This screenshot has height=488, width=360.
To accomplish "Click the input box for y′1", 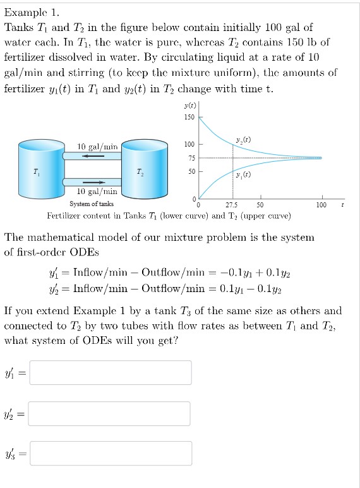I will (111, 372).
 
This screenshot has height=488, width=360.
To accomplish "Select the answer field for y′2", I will (111, 413).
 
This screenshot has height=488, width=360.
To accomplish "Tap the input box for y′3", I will (111, 453).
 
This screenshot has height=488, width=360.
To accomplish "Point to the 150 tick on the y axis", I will (189, 118).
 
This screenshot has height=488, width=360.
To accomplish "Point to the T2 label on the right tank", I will (140, 171).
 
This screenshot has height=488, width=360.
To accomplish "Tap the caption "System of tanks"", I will (92, 204).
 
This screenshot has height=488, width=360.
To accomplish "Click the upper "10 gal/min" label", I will (97, 147).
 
